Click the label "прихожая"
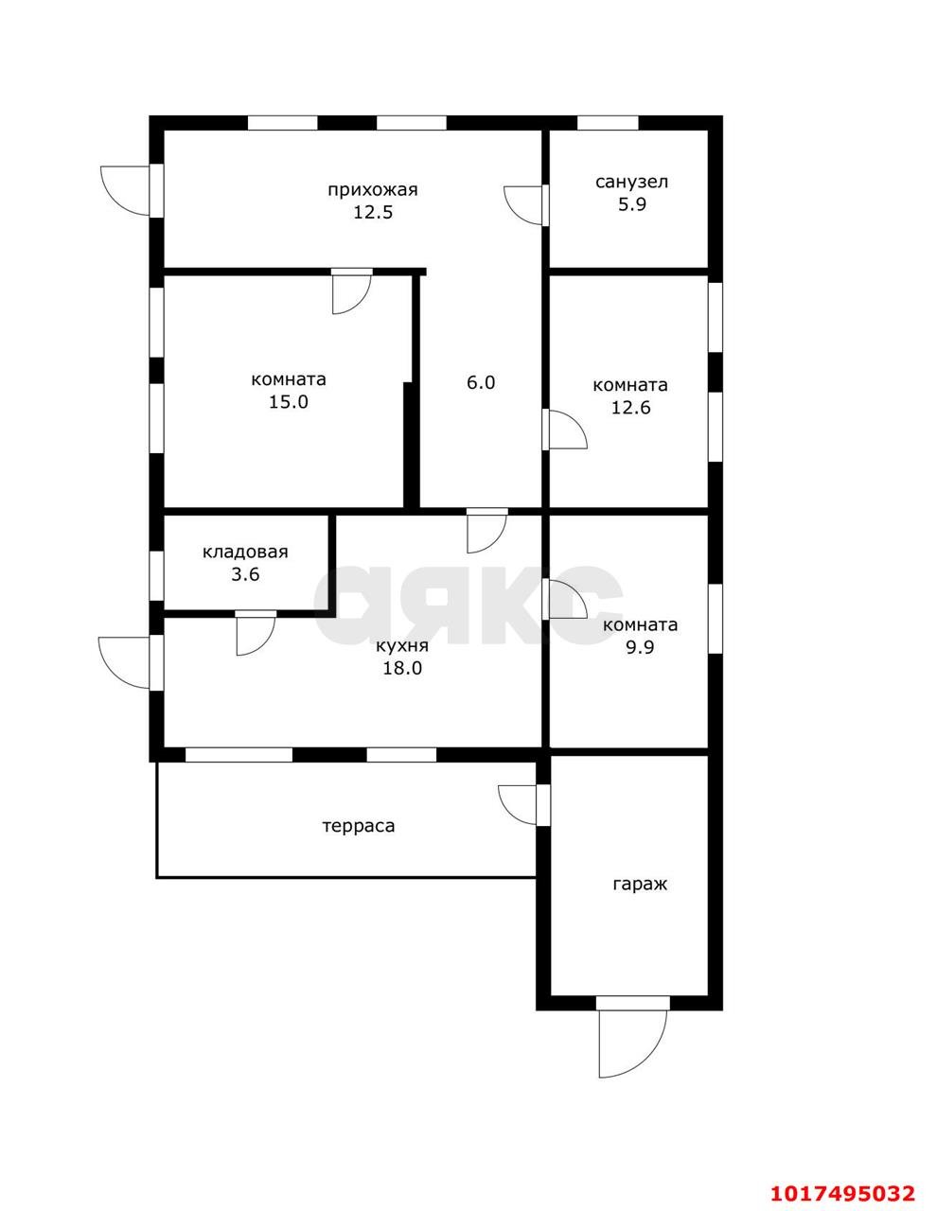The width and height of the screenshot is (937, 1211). click(x=372, y=190)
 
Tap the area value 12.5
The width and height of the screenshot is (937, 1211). click(x=373, y=212)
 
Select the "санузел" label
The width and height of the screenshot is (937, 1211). click(x=631, y=183)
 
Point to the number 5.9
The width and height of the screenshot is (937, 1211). click(x=631, y=204)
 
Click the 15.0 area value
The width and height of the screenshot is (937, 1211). click(x=288, y=402)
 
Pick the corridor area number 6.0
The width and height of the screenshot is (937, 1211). click(x=481, y=382)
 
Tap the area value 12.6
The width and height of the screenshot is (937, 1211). click(x=630, y=408)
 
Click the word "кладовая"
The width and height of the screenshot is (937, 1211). click(x=245, y=552)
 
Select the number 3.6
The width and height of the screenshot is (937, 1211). click(x=245, y=574)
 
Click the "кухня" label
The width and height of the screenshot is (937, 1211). click(x=402, y=646)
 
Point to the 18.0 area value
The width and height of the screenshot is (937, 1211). click(x=402, y=668)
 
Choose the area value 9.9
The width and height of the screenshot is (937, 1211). click(x=640, y=647)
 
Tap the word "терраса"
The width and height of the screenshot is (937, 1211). click(x=359, y=826)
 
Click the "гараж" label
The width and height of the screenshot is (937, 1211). click(x=640, y=885)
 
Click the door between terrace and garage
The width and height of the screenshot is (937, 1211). click(x=543, y=804)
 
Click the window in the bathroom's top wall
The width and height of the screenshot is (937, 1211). click(x=608, y=123)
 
